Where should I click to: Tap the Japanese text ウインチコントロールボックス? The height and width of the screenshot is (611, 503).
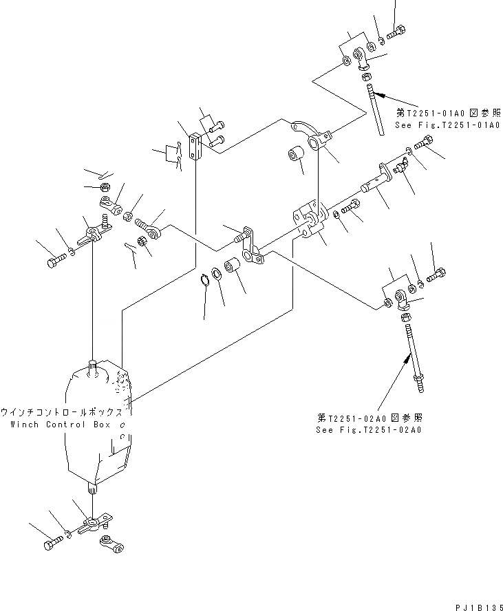click(62, 412)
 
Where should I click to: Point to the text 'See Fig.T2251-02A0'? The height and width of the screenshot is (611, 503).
click(368, 429)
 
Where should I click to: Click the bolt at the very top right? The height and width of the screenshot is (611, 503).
click(398, 30)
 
